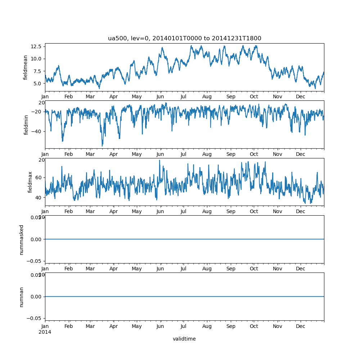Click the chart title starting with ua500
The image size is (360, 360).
[x=184, y=39]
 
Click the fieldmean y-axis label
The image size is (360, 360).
[x=26, y=67]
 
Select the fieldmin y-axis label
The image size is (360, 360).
[x=26, y=125]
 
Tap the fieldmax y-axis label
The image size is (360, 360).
[x=30, y=182]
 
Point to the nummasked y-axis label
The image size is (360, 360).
[x=22, y=240]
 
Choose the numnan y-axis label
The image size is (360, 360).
[x=22, y=297]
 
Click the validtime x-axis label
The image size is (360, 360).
[x=184, y=339]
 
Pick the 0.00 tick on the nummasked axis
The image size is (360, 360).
[x=36, y=239]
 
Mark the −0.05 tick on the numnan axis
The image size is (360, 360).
[x=35, y=318]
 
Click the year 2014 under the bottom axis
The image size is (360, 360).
[x=45, y=332]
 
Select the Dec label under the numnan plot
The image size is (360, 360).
[x=301, y=327]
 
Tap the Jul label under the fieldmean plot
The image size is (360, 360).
[x=184, y=97]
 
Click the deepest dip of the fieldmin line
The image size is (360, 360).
[x=102, y=146]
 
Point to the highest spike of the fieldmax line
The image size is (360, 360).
[x=159, y=160]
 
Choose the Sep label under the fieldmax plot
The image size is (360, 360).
[x=231, y=212]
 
